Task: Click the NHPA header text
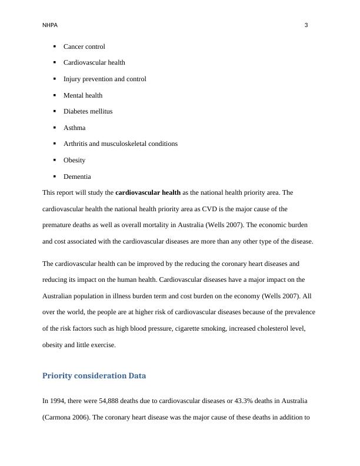(50, 25)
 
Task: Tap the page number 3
(306, 25)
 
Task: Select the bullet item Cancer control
(84, 46)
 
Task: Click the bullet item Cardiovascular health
(94, 62)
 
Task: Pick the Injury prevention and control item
(105, 79)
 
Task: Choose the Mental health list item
(83, 95)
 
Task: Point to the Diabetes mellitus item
(88, 111)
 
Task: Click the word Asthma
(74, 128)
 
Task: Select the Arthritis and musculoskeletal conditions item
(120, 144)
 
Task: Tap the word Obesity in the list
(74, 160)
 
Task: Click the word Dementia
(77, 177)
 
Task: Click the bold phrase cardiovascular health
(148, 192)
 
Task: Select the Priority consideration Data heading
(94, 375)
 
